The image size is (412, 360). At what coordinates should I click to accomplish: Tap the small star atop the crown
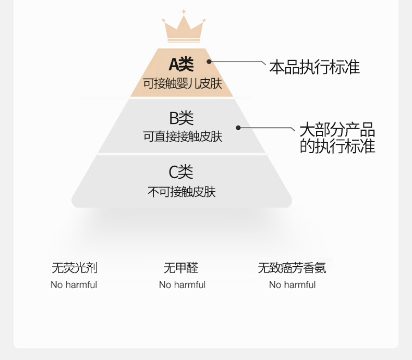coord(184,11)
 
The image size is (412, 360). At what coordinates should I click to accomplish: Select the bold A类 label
coord(181,65)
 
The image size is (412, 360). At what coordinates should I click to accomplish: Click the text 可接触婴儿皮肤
coord(183,84)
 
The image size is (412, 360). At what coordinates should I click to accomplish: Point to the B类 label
coord(181,118)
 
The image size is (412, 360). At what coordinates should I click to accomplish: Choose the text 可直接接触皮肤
coord(183,136)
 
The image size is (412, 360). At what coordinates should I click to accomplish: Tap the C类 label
coord(181,172)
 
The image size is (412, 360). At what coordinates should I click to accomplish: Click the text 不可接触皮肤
coord(181,192)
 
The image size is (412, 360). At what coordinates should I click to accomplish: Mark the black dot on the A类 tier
coord(209,61)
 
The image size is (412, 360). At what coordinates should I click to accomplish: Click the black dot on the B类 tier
coord(238,128)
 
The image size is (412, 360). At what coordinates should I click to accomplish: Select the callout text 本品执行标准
coord(314,67)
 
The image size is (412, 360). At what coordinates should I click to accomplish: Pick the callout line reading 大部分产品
coord(337,129)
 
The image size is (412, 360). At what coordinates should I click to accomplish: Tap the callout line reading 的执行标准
coord(337,146)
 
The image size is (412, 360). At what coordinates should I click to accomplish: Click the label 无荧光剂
coord(75,268)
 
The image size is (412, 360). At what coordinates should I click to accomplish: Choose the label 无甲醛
coord(181,268)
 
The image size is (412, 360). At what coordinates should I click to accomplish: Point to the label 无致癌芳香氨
coord(292,268)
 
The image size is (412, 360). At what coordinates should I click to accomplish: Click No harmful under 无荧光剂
coord(74,284)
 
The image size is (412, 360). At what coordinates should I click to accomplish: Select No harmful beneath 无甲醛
coord(183,284)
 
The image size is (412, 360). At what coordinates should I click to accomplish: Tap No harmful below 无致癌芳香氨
coord(292,284)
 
